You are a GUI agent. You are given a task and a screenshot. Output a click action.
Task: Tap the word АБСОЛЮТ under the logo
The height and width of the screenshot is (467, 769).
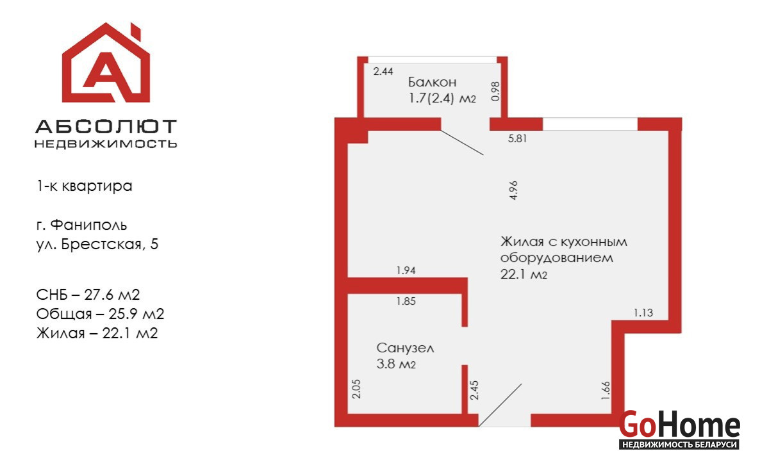(x=106, y=126)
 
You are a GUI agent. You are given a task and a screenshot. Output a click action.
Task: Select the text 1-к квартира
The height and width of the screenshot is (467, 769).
(x=84, y=186)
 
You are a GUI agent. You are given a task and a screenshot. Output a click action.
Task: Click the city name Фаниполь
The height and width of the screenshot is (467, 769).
(x=88, y=225)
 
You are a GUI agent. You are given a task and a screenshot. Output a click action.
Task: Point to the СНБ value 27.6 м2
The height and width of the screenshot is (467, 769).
(x=112, y=295)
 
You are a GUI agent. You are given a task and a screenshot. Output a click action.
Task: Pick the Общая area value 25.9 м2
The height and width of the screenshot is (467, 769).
(x=136, y=314)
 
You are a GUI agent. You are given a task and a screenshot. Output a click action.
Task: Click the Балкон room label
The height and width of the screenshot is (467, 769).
(x=432, y=82)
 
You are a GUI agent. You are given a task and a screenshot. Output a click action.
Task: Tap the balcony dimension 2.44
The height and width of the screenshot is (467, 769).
(x=383, y=71)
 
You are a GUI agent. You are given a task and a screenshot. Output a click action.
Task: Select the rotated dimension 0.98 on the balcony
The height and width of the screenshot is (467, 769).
(x=495, y=91)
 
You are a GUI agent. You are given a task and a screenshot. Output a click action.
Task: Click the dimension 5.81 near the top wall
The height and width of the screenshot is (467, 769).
(x=517, y=138)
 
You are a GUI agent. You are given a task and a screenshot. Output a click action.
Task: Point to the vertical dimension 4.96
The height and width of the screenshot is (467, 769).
(x=513, y=190)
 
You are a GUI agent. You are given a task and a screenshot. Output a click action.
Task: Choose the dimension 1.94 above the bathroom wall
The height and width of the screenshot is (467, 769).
(x=406, y=270)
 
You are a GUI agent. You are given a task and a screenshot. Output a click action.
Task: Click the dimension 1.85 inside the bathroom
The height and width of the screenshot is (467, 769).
(x=406, y=301)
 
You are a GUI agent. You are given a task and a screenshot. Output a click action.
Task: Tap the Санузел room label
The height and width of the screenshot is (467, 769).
(x=405, y=348)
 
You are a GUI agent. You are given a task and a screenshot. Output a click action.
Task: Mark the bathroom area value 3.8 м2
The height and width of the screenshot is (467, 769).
(x=396, y=364)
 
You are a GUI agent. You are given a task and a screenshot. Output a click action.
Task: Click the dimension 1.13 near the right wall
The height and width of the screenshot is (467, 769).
(x=643, y=313)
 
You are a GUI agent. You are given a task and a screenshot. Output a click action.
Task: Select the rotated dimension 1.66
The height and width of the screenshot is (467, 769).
(x=606, y=390)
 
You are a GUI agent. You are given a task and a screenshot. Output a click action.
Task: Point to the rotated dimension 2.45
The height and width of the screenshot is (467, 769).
(x=474, y=390)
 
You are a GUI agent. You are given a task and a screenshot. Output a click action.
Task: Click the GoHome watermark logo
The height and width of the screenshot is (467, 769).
(x=679, y=429)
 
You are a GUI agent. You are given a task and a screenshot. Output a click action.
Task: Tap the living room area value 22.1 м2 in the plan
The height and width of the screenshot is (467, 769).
(x=524, y=275)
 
